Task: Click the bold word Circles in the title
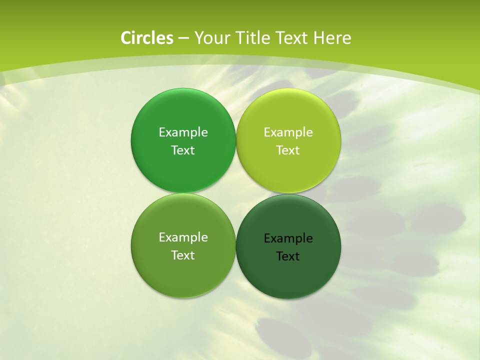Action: coord(146,38)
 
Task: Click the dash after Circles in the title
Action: coord(183,38)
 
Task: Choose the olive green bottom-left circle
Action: coord(183,272)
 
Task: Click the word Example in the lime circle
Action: coord(288,132)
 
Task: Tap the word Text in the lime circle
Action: coord(288,150)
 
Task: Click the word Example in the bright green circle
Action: coord(183,132)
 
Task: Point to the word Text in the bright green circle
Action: coord(183,150)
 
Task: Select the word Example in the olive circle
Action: coord(183,237)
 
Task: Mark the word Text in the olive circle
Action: coord(183,255)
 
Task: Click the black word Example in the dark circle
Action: coord(288,238)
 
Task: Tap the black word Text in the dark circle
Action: coord(288,256)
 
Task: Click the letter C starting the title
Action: coord(126,38)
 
